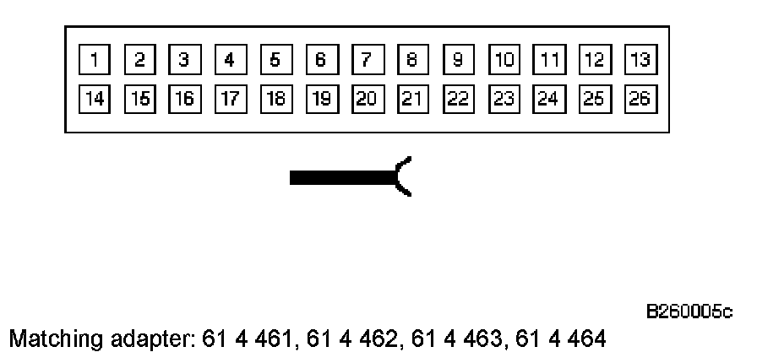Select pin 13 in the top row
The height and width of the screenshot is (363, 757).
coord(640,60)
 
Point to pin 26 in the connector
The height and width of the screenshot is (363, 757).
coord(640,99)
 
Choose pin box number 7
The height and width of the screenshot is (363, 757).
coord(367,60)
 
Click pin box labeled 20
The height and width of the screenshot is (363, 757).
coord(367,99)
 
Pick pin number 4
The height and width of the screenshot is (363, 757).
coord(230,60)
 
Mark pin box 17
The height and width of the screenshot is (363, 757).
coord(230,99)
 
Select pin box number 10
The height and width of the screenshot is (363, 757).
coord(504,60)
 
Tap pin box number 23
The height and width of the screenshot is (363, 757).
coord(504,99)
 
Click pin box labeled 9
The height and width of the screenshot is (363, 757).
coord(458,60)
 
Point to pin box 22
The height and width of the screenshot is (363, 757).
coord(458,99)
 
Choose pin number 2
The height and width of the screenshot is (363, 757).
coord(139,60)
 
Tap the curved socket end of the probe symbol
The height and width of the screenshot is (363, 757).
coord(404,176)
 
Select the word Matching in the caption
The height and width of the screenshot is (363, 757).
coord(46,340)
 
